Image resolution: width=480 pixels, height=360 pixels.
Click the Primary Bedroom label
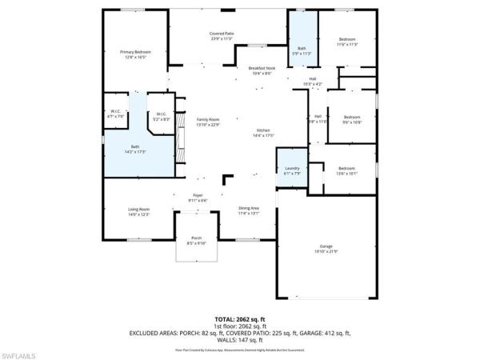(x=135, y=54)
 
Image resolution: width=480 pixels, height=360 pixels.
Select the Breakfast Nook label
(x=262, y=71)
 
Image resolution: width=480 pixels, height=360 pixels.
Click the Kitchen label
(x=263, y=133)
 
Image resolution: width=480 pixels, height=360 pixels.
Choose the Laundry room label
(x=292, y=170)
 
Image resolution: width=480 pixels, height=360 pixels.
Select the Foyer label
(x=197, y=197)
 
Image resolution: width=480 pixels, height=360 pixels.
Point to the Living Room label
(x=139, y=211)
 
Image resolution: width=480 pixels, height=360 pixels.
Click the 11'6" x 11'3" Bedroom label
(x=346, y=41)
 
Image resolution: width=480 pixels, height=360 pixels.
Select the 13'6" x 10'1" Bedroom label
(x=346, y=170)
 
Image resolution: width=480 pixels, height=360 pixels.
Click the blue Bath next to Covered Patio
(x=302, y=51)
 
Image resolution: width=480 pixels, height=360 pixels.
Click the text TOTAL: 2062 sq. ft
(x=240, y=318)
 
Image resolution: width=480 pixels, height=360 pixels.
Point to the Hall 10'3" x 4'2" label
(x=313, y=81)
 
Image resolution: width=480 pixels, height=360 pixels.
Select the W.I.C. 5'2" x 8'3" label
(x=161, y=116)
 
